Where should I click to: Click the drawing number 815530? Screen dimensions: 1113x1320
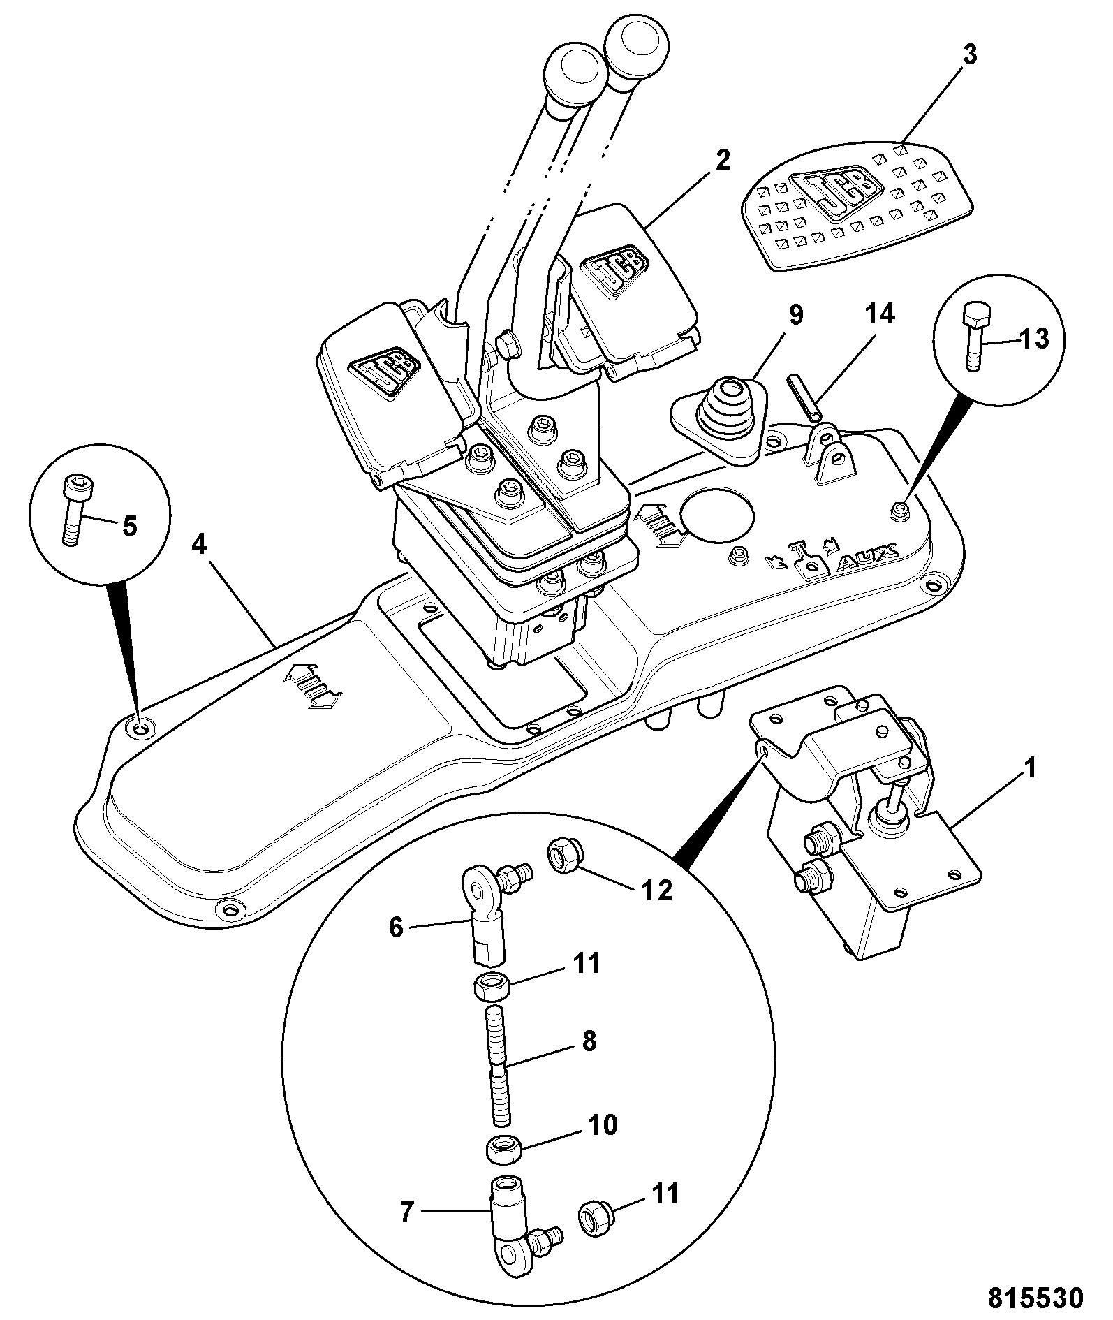[x=1035, y=1298]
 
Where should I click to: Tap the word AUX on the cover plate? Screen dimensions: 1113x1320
[x=867, y=563]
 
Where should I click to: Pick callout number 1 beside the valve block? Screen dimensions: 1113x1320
[x=1029, y=770]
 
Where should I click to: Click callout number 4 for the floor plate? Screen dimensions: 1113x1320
[x=200, y=544]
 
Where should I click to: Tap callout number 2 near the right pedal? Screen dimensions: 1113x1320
[x=722, y=161]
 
